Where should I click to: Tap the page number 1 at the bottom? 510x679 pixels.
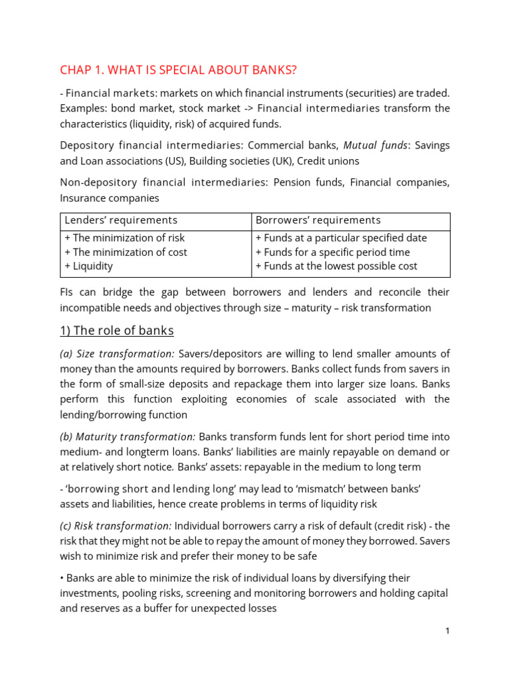448,631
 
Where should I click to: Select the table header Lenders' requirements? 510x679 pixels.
121,220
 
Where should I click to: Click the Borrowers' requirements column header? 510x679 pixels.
318,220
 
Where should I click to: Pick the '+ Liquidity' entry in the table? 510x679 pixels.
88,266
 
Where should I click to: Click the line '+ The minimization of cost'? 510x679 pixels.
126,252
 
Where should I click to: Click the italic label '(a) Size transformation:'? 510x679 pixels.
118,353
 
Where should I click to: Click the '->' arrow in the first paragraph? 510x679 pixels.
245,108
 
